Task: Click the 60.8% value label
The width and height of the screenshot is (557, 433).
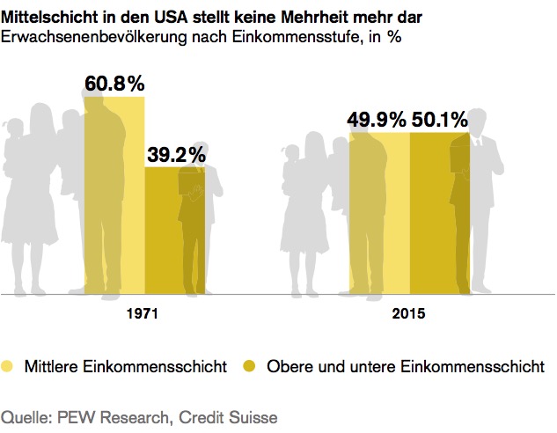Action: coord(114,84)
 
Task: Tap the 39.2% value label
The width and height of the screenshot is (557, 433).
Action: coord(176,155)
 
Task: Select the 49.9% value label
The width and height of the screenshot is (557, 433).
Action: coord(379,120)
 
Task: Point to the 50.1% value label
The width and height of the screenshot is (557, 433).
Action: coord(438,120)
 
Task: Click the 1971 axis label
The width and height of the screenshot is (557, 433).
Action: coord(145,313)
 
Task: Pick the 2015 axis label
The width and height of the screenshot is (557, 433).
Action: coord(409,313)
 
